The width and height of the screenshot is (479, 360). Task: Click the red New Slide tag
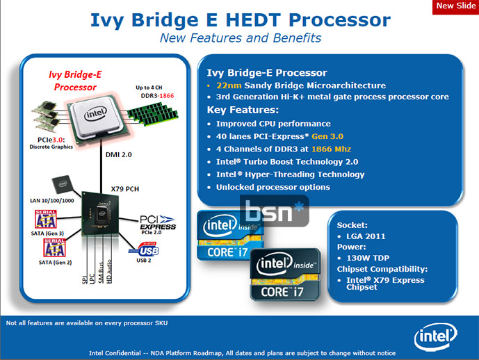455,6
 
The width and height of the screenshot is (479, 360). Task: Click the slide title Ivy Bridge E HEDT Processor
240,19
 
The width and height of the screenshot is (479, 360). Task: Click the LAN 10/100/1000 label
51,200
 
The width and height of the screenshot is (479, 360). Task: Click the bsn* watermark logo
273,212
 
